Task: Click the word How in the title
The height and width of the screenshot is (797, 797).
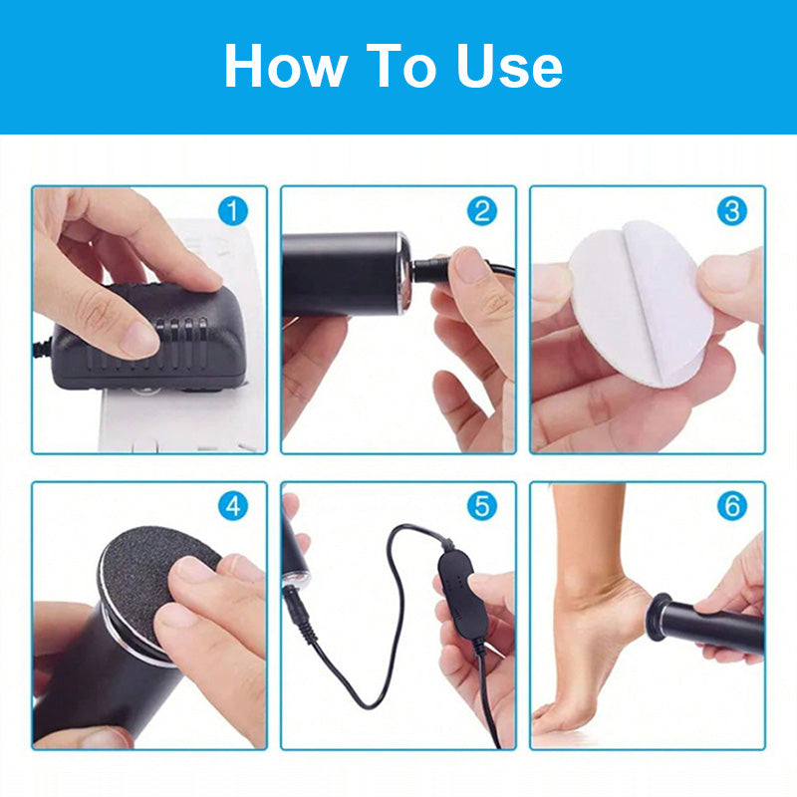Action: pyautogui.click(x=286, y=66)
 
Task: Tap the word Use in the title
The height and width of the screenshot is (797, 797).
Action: pyautogui.click(x=509, y=66)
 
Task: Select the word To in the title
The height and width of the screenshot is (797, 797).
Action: pyautogui.click(x=401, y=66)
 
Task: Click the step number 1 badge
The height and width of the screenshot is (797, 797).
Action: pyautogui.click(x=233, y=211)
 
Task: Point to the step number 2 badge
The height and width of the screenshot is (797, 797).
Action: pyautogui.click(x=482, y=211)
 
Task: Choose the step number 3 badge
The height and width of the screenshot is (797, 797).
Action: pyautogui.click(x=732, y=211)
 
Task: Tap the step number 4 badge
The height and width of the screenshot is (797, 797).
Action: pyautogui.click(x=233, y=506)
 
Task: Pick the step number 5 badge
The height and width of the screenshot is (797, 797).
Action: pyautogui.click(x=482, y=506)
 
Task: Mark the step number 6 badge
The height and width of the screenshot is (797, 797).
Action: pyautogui.click(x=732, y=506)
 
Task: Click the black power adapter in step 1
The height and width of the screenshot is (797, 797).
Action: pyautogui.click(x=147, y=341)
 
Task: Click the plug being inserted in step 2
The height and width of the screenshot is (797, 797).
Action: pyautogui.click(x=431, y=270)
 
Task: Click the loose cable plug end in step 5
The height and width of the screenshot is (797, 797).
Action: pyautogui.click(x=296, y=609)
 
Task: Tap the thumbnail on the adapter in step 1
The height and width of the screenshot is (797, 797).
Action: pyautogui.click(x=137, y=339)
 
